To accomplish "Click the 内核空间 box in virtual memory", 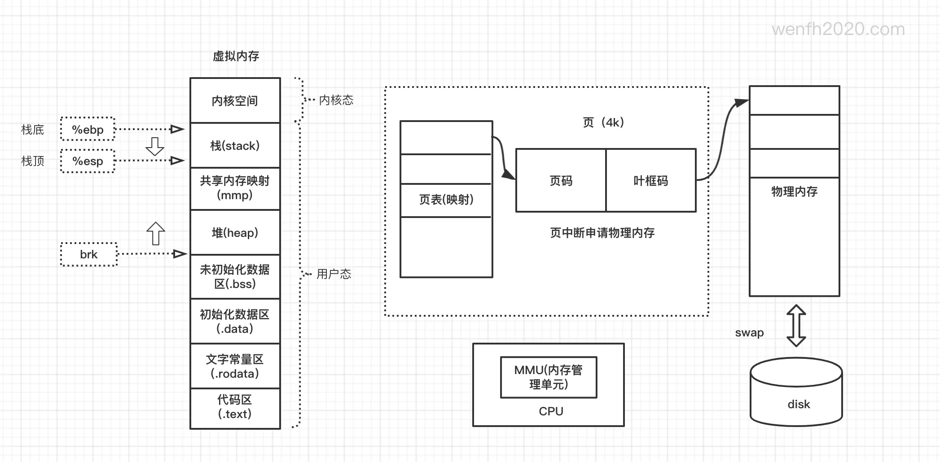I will click(235, 100).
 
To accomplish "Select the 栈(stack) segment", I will click(235, 145).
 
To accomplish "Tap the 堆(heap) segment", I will click(235, 232).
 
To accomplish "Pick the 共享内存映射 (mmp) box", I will click(235, 188).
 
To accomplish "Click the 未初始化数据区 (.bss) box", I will click(235, 277).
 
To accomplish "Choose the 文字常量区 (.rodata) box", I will click(235, 366).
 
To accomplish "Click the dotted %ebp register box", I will click(88, 129).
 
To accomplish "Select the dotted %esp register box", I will click(88, 161).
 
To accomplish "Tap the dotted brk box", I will click(89, 254).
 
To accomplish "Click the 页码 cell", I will click(561, 180).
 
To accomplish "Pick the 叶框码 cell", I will click(651, 180).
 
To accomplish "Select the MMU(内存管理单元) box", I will click(549, 377).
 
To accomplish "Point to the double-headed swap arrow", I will click(796, 326).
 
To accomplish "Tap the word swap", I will click(749, 333).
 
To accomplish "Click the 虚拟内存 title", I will click(236, 56).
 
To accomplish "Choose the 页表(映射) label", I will click(446, 200).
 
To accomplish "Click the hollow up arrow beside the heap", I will click(156, 233).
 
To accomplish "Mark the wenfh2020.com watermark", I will click(838, 30).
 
